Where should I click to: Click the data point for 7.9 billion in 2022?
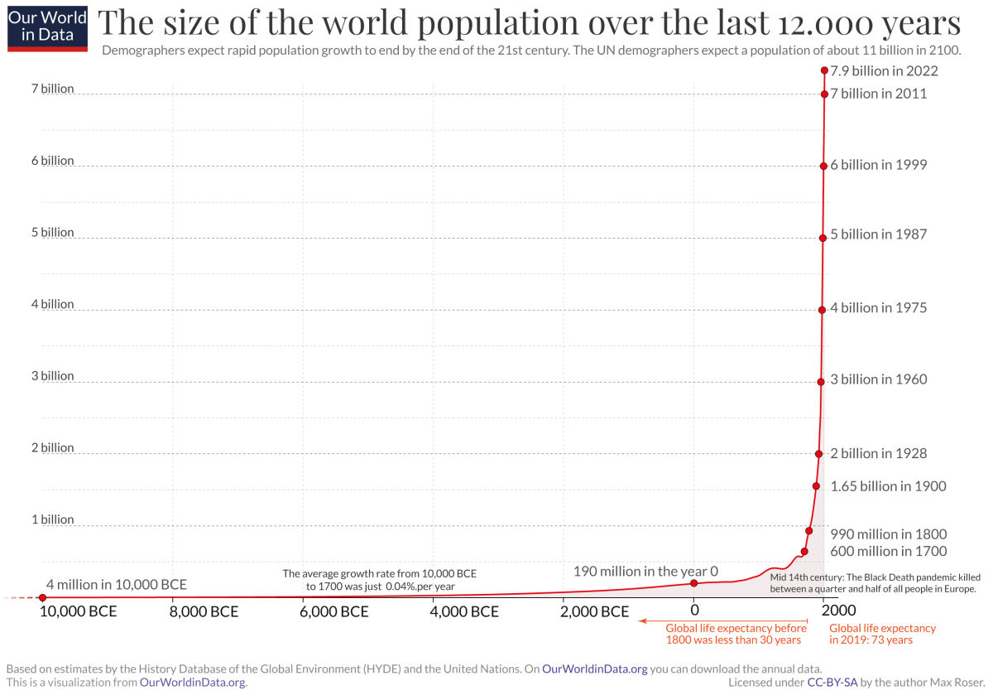(824, 70)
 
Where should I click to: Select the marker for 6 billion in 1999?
(823, 166)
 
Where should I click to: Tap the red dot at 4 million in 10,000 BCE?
(42, 597)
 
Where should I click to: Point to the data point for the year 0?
(693, 583)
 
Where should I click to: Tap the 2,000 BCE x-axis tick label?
(595, 612)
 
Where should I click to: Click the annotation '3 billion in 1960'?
(878, 379)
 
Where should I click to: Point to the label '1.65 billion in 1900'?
(888, 486)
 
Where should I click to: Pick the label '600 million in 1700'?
(889, 551)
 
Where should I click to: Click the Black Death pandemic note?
(875, 582)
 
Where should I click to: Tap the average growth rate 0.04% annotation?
(380, 579)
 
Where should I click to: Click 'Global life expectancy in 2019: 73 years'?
(882, 634)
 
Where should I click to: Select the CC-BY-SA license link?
(832, 683)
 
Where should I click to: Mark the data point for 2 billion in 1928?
(818, 454)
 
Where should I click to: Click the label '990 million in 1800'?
(889, 534)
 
